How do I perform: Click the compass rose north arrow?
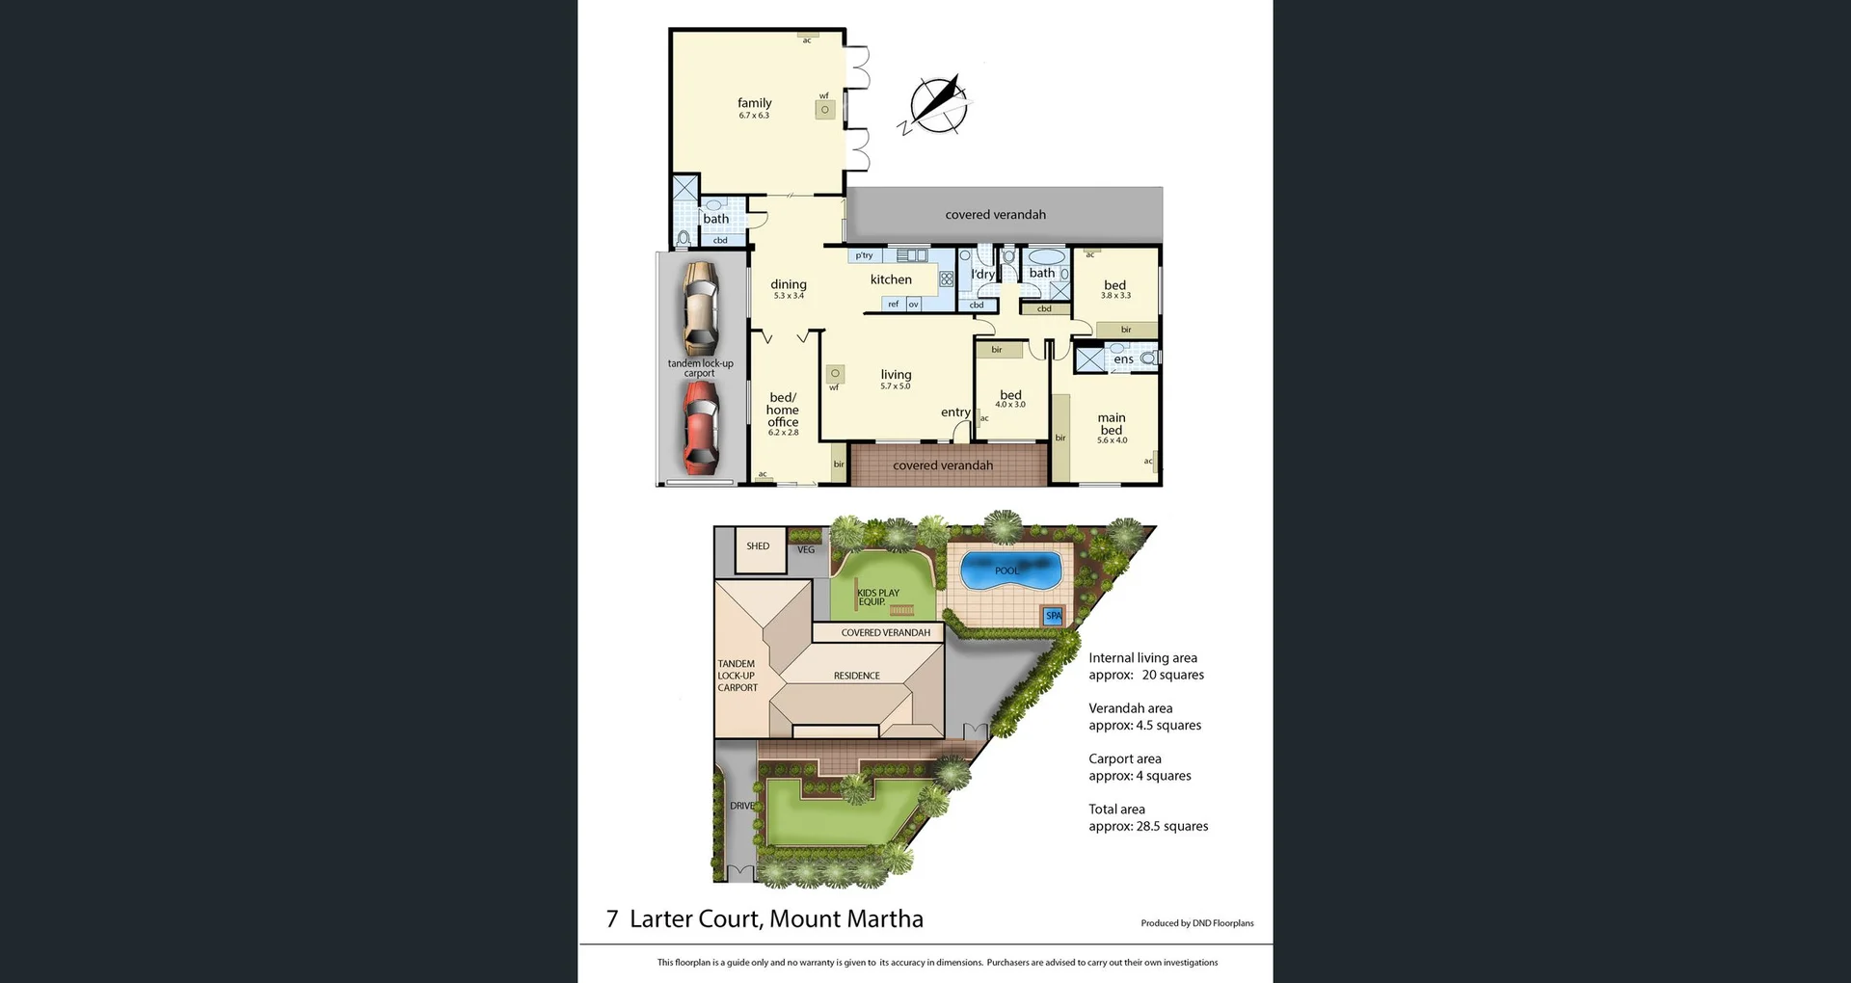coord(938,103)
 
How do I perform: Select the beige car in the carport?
coord(700,307)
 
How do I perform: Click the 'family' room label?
coord(754,103)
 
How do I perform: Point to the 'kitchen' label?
coord(891,279)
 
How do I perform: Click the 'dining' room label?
coord(788,284)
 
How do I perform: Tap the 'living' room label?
coord(896,375)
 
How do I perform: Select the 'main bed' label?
coord(1112,424)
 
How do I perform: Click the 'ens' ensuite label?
coord(1123,359)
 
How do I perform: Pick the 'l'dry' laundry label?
coord(982,274)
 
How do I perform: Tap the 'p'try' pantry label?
coord(864,255)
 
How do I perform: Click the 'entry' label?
coord(955,412)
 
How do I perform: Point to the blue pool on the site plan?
coord(1007,571)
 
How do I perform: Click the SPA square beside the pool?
coord(1054,616)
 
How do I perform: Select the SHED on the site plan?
coord(759,546)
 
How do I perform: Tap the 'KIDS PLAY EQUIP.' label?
coord(877,598)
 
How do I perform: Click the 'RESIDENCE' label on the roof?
coord(857,676)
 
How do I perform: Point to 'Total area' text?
coord(1116,810)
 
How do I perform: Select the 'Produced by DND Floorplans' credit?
coord(1196,923)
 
